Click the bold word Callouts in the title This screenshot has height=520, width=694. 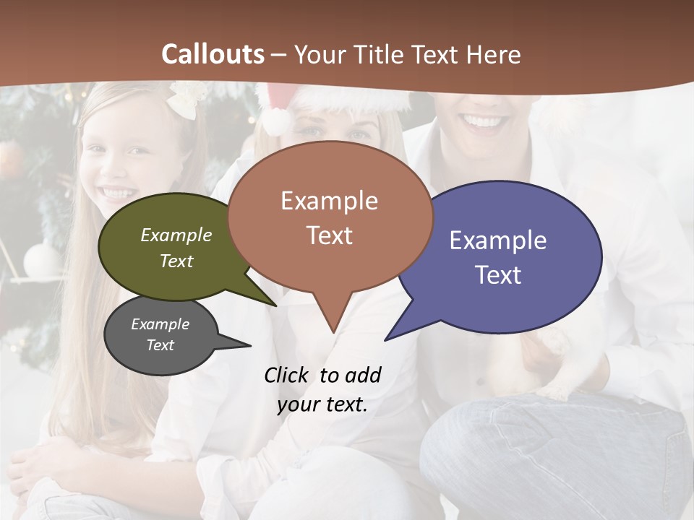pos(213,54)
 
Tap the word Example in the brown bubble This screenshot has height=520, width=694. pos(329,201)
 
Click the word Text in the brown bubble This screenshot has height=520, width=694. pos(329,235)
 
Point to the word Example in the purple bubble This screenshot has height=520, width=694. pos(498,240)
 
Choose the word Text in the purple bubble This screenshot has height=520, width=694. pos(498,275)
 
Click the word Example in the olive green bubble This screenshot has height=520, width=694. pos(176,235)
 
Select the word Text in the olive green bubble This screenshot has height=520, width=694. pos(176,261)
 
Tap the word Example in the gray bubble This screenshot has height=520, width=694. pos(160,324)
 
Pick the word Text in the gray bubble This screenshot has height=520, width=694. pos(160,345)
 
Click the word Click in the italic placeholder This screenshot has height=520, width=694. pos(287,376)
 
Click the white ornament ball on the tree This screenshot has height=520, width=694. pos(40,259)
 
